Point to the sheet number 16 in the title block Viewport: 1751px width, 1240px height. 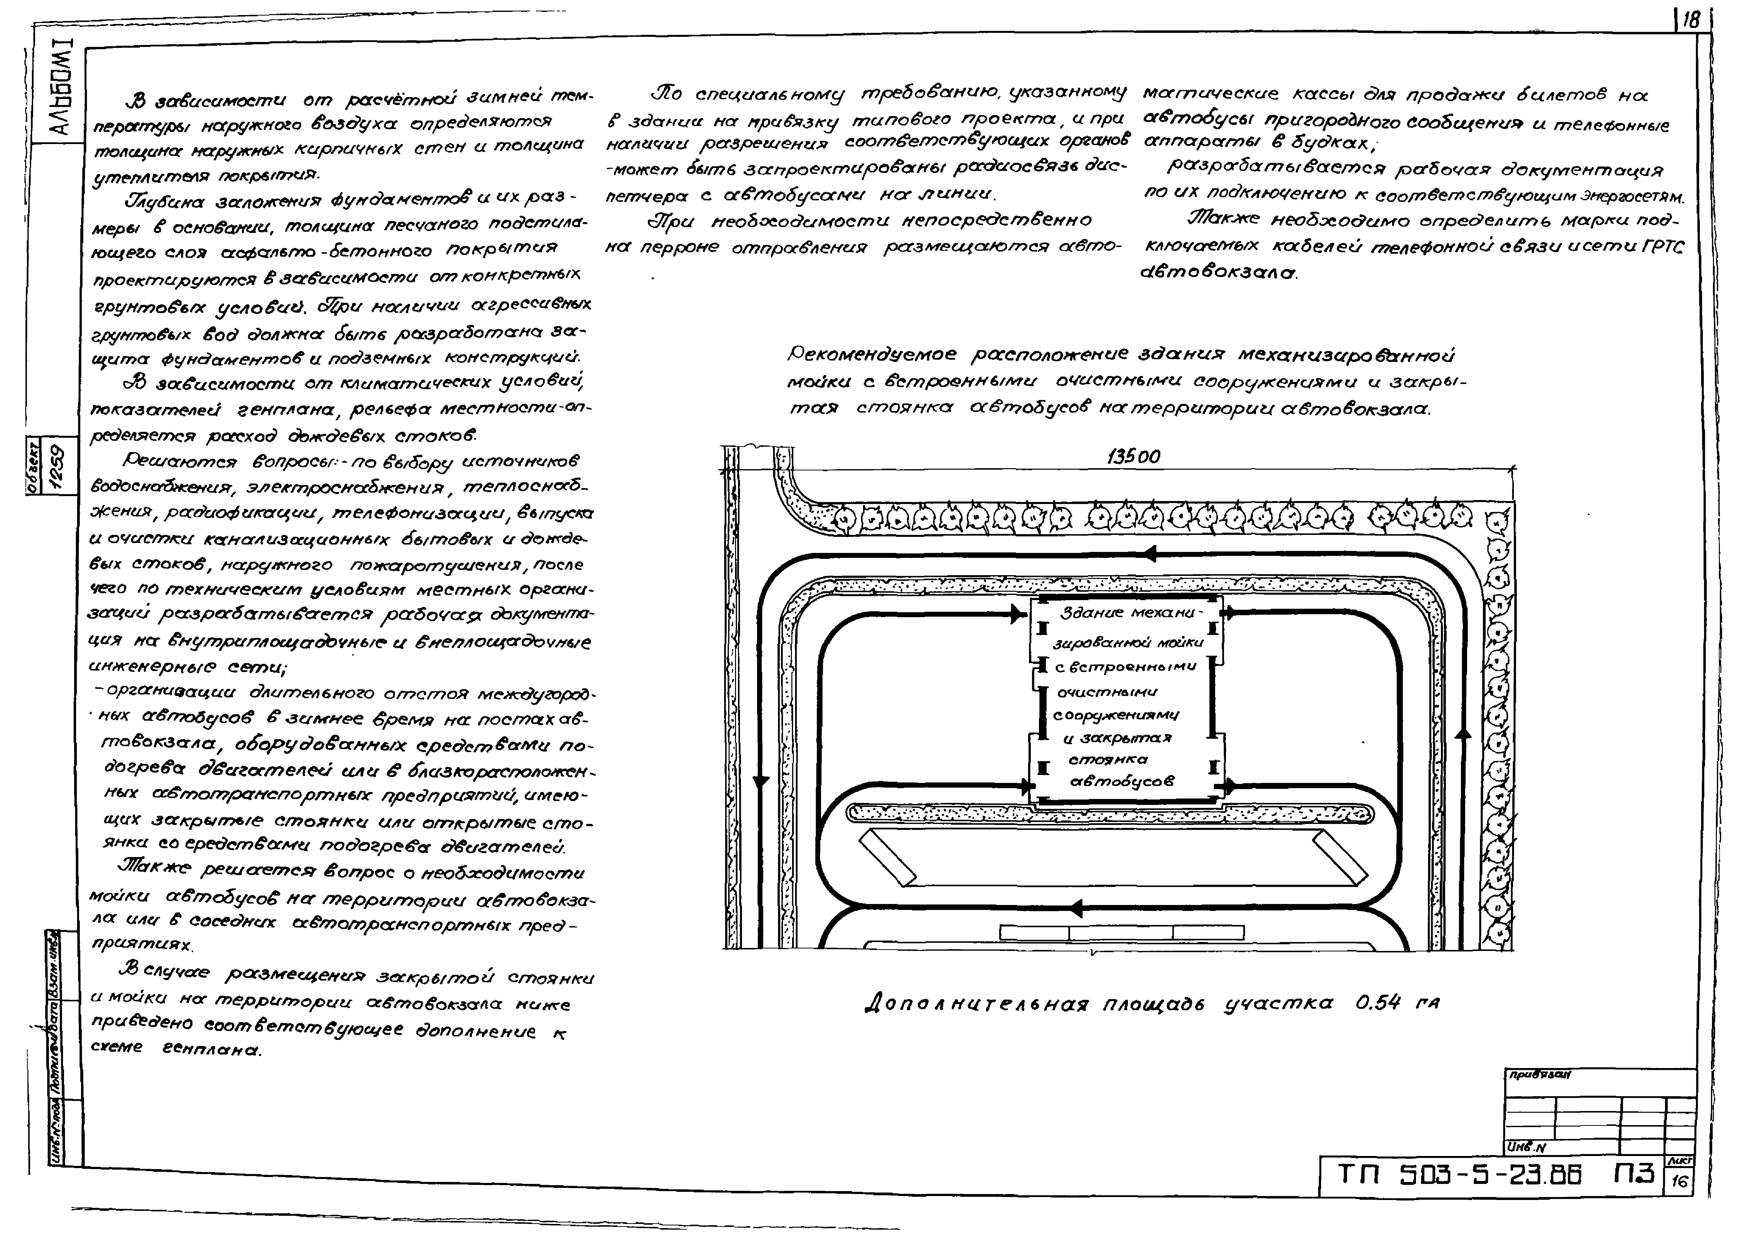pyautogui.click(x=1679, y=1182)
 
